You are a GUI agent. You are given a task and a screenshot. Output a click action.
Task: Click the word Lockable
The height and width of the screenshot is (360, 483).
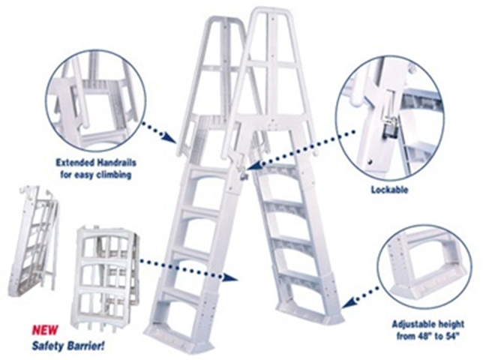(389, 190)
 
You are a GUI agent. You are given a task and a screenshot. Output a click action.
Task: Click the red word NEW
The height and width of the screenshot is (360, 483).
(45, 331)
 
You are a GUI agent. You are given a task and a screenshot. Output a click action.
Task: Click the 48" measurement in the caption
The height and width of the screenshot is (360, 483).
(423, 336)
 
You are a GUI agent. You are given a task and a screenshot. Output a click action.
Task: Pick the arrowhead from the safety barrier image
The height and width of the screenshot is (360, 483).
(231, 277)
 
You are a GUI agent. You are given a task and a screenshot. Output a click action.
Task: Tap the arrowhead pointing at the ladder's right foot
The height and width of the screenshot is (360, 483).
(348, 303)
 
